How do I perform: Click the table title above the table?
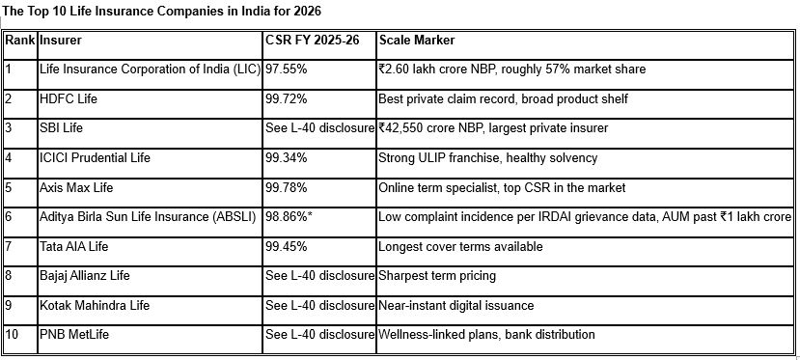[x=162, y=11]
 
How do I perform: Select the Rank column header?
[x=20, y=40]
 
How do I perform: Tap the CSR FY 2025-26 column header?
[x=313, y=40]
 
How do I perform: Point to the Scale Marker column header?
[x=416, y=40]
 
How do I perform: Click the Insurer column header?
[x=60, y=40]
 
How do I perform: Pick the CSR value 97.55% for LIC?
[x=287, y=69]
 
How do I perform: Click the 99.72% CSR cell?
[x=287, y=98]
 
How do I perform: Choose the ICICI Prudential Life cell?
[x=95, y=157]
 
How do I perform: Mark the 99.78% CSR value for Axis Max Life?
[x=287, y=187]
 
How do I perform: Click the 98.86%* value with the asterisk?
[x=289, y=217]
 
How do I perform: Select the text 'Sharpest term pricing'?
[x=437, y=276]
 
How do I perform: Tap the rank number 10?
[x=12, y=335]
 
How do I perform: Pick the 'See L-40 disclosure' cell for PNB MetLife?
[x=319, y=335]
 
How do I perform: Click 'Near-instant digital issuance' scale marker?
[x=456, y=305]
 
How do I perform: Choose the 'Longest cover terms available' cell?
[x=460, y=246]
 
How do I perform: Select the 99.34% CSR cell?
[x=287, y=157]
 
